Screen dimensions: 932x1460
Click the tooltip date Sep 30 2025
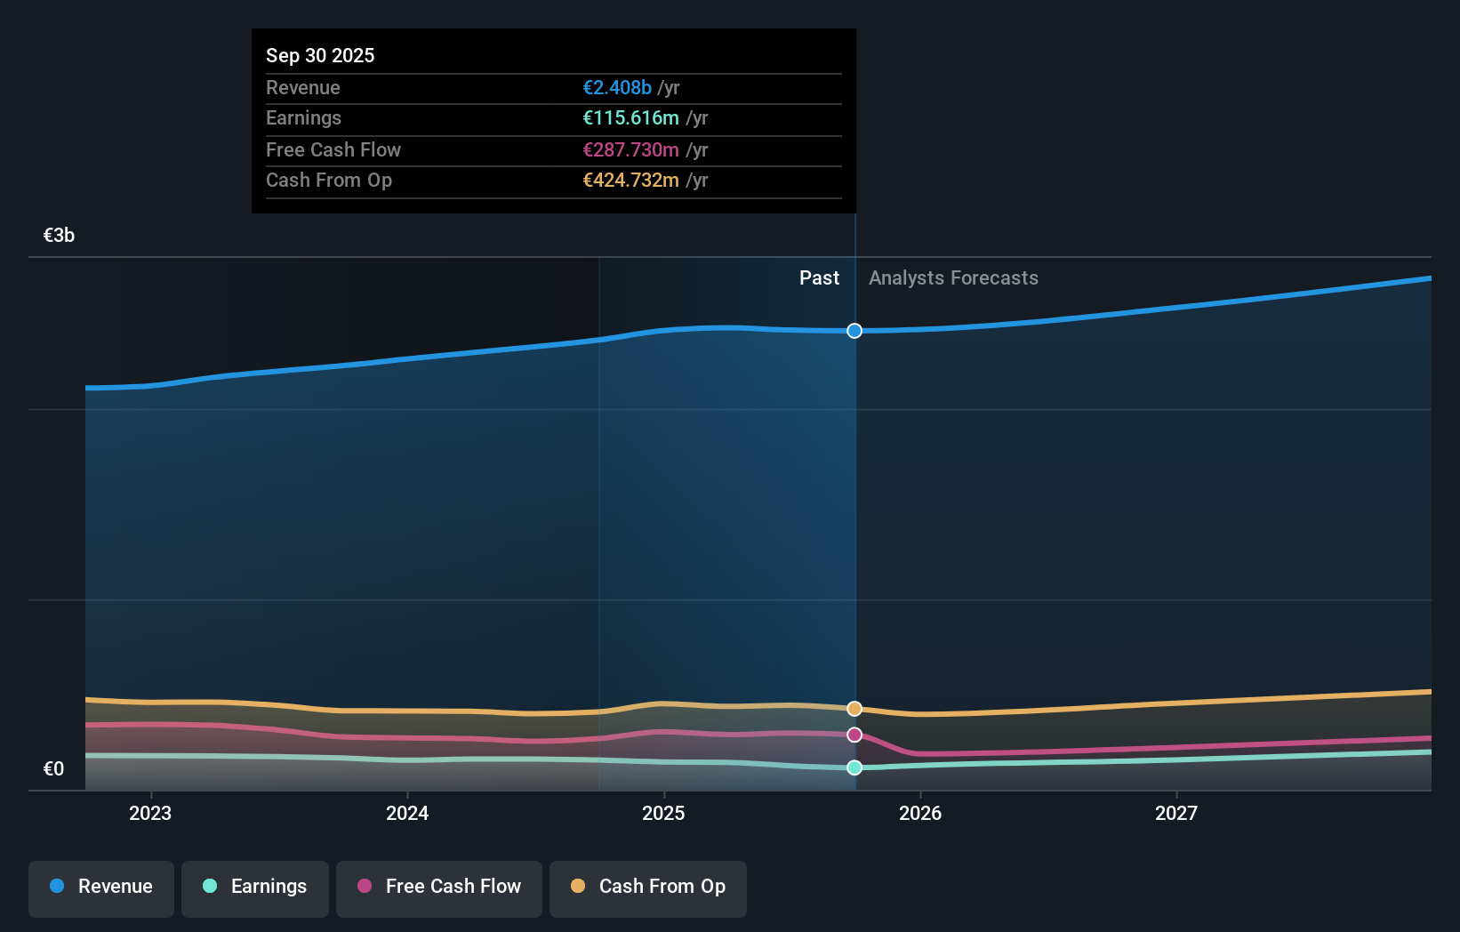pyautogui.click(x=320, y=55)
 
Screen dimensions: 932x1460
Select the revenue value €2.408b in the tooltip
pyautogui.click(x=617, y=87)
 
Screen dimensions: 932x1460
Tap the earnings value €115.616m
pyautogui.click(x=630, y=117)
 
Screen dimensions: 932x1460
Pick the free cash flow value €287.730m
pyautogui.click(x=630, y=149)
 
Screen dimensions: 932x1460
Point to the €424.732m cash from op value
pyautogui.click(x=630, y=180)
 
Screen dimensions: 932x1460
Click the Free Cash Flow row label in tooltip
pyautogui.click(x=333, y=149)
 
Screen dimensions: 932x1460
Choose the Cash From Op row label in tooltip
pyautogui.click(x=329, y=180)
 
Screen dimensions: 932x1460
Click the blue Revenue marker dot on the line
pyautogui.click(x=854, y=331)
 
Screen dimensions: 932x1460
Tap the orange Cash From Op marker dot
pyautogui.click(x=854, y=709)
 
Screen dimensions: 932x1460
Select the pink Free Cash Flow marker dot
pyautogui.click(x=854, y=735)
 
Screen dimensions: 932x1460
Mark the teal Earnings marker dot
pyautogui.click(x=854, y=767)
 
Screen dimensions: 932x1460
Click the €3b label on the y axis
pyautogui.click(x=59, y=235)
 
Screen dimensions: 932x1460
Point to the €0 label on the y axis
pyautogui.click(x=53, y=768)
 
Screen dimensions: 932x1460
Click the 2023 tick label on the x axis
pyautogui.click(x=150, y=813)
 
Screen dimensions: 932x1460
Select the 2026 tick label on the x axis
pyautogui.click(x=920, y=813)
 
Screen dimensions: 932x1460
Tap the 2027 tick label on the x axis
pyautogui.click(x=1176, y=813)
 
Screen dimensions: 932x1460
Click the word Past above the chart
pyautogui.click(x=819, y=277)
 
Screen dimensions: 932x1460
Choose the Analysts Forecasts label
pyautogui.click(x=953, y=277)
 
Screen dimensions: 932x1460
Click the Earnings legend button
pyautogui.click(x=255, y=887)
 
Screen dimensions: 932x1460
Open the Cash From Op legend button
pyautogui.click(x=648, y=887)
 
